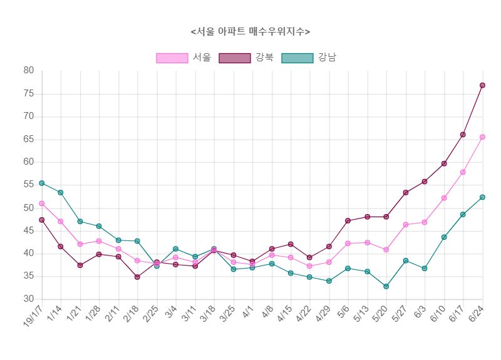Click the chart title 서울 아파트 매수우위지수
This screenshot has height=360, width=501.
click(x=250, y=31)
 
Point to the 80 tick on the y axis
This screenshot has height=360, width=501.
click(x=29, y=71)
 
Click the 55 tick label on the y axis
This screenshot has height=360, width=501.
click(x=29, y=185)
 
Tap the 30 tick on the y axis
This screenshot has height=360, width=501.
click(x=29, y=299)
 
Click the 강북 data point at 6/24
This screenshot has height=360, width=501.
click(x=482, y=85)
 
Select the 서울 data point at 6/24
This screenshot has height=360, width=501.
click(x=482, y=136)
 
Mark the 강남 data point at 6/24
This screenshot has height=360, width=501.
click(x=482, y=197)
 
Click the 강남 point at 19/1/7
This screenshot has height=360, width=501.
click(x=42, y=183)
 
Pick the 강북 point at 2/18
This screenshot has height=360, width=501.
click(x=137, y=277)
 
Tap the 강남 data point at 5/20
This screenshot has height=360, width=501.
click(x=386, y=286)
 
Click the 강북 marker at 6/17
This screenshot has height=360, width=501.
click(x=463, y=135)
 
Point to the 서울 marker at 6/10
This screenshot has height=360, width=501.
click(x=444, y=198)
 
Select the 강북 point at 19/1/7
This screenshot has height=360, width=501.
click(x=42, y=220)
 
